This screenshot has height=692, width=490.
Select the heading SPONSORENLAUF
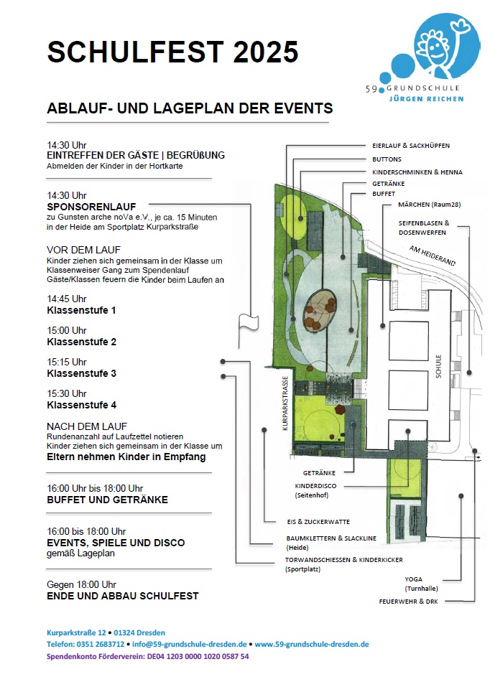click(91, 207)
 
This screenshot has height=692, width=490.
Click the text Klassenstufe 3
click(81, 373)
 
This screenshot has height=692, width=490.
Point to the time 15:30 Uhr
click(66, 393)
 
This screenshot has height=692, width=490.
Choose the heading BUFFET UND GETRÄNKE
click(107, 500)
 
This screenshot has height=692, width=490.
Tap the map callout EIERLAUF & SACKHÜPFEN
click(411, 146)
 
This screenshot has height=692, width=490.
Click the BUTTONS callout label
click(387, 159)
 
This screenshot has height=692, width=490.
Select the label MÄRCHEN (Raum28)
click(429, 205)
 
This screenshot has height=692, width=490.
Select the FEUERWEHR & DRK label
click(408, 601)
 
